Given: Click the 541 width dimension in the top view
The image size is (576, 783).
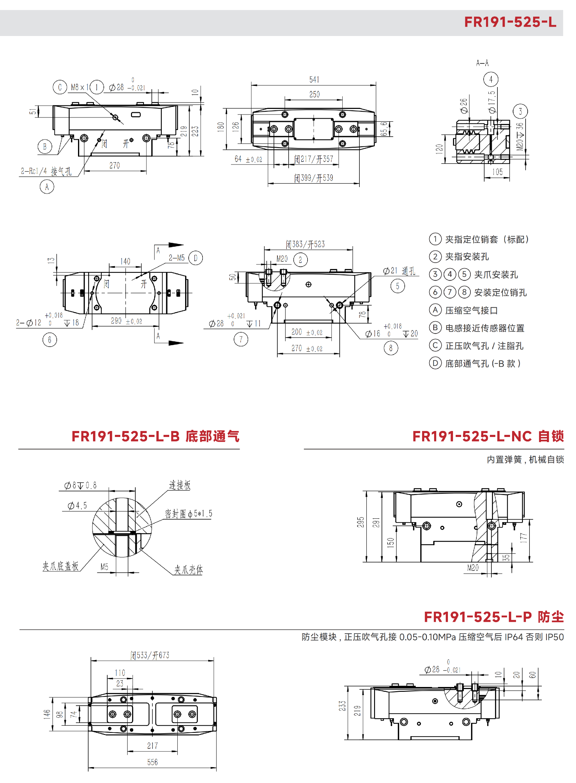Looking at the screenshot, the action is point(314,80).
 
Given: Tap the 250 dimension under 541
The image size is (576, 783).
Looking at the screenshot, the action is point(314,95).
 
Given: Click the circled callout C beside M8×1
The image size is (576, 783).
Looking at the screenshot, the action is point(60,87).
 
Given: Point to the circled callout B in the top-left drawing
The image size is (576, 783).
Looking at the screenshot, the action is point(45,146).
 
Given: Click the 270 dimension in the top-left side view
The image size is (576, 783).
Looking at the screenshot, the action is point(114,165).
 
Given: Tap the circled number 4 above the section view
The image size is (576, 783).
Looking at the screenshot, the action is point(490,79).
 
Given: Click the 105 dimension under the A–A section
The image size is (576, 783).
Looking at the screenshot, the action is point(497,172).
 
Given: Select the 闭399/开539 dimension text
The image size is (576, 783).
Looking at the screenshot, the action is point(313,178).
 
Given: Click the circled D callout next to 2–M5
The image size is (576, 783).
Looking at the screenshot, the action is point(195,258).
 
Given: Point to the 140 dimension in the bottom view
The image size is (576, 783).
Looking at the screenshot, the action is point(125,261).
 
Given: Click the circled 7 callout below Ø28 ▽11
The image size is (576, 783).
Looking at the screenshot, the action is point(241,339).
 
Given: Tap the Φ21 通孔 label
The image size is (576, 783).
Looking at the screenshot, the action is point(399,271).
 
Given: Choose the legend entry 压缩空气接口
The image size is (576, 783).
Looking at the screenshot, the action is point(471,310).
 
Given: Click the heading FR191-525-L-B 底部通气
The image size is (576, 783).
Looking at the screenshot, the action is point(155,436).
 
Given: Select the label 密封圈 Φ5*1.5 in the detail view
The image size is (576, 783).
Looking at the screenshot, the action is point(188,514).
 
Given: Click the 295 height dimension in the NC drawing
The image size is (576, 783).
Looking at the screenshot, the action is point(361,522).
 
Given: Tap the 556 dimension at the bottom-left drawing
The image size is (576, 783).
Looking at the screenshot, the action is point(152,762).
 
